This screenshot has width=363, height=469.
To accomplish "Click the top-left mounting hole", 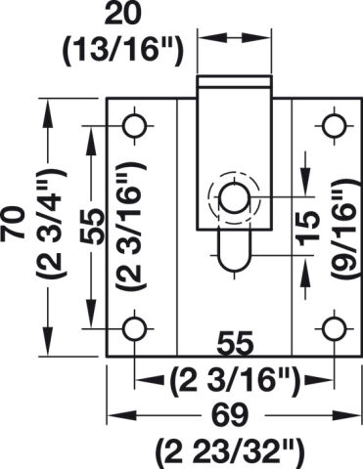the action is [x=134, y=126].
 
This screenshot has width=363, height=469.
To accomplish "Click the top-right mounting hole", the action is [x=335, y=126].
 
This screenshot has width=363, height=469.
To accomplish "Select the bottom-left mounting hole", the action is [x=134, y=329].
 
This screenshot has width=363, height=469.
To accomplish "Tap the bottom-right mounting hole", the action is [x=335, y=329].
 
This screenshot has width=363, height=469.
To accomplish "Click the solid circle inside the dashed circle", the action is [x=234, y=198].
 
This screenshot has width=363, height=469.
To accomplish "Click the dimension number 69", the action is [x=231, y=415].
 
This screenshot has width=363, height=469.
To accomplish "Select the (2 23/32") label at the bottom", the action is [x=231, y=453].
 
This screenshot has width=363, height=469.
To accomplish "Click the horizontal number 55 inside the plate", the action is [x=236, y=343].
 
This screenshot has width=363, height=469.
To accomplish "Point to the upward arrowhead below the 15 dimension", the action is [x=305, y=268].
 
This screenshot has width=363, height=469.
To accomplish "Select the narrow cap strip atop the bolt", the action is [x=234, y=81].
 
